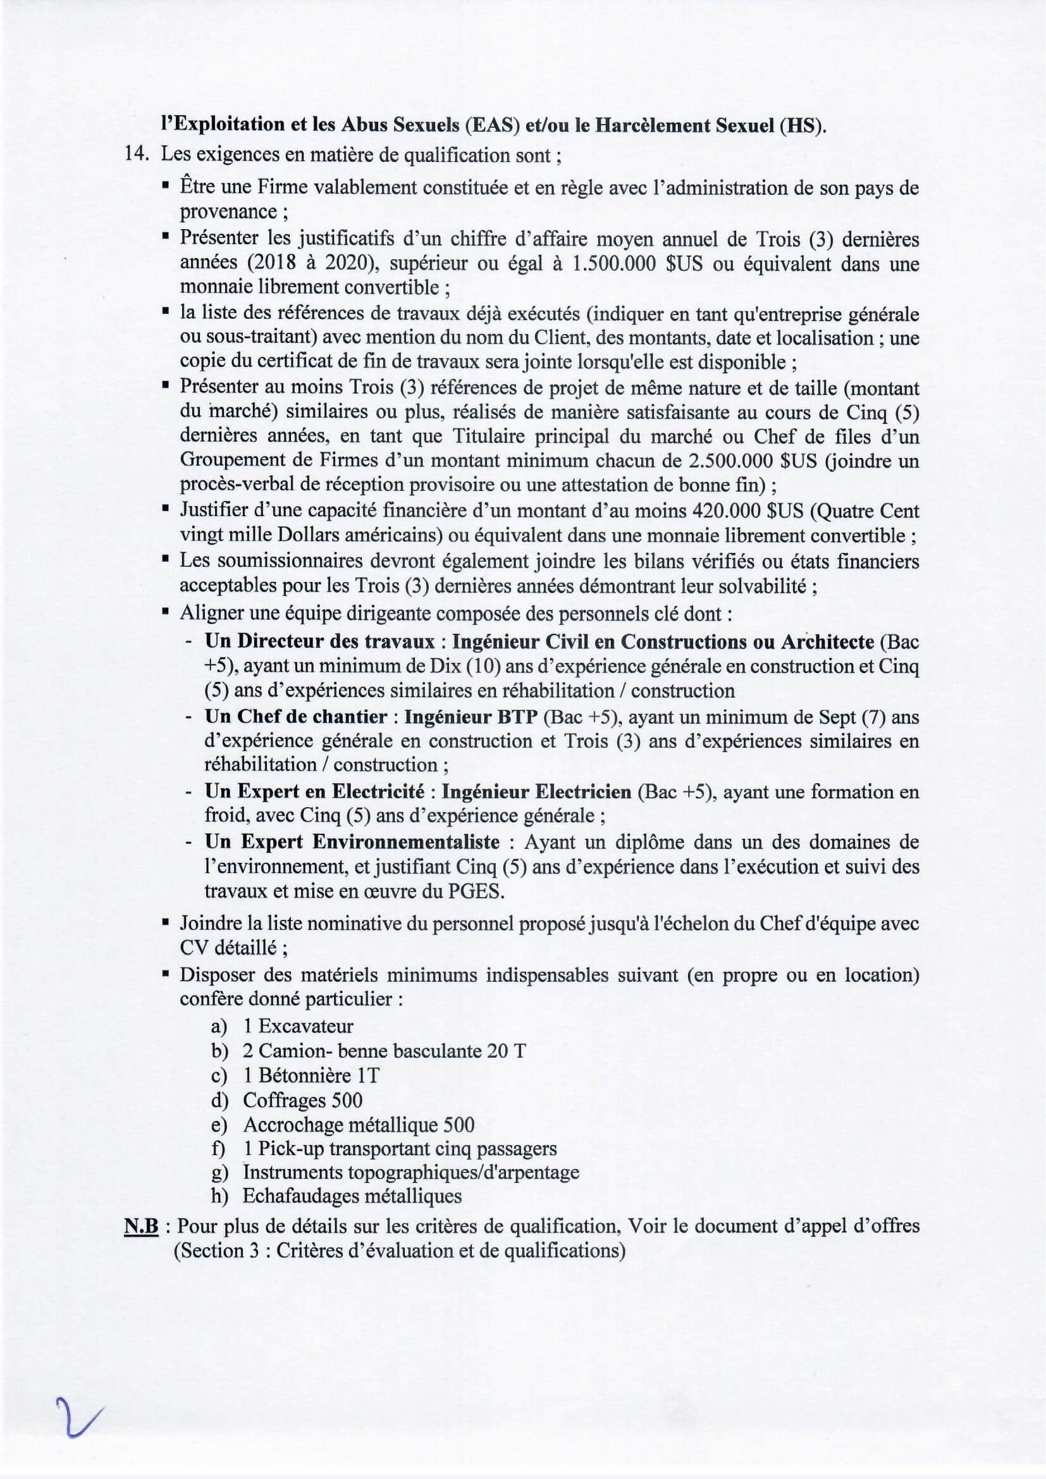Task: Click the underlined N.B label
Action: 141,1226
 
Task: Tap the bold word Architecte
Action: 827,641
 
